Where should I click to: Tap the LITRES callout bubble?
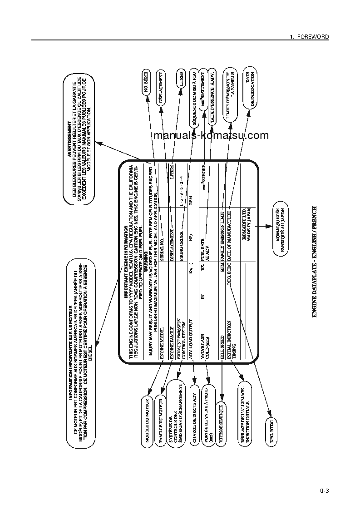[181, 80]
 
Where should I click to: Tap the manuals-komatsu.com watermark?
[211, 135]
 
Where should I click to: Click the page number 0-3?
[324, 490]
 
